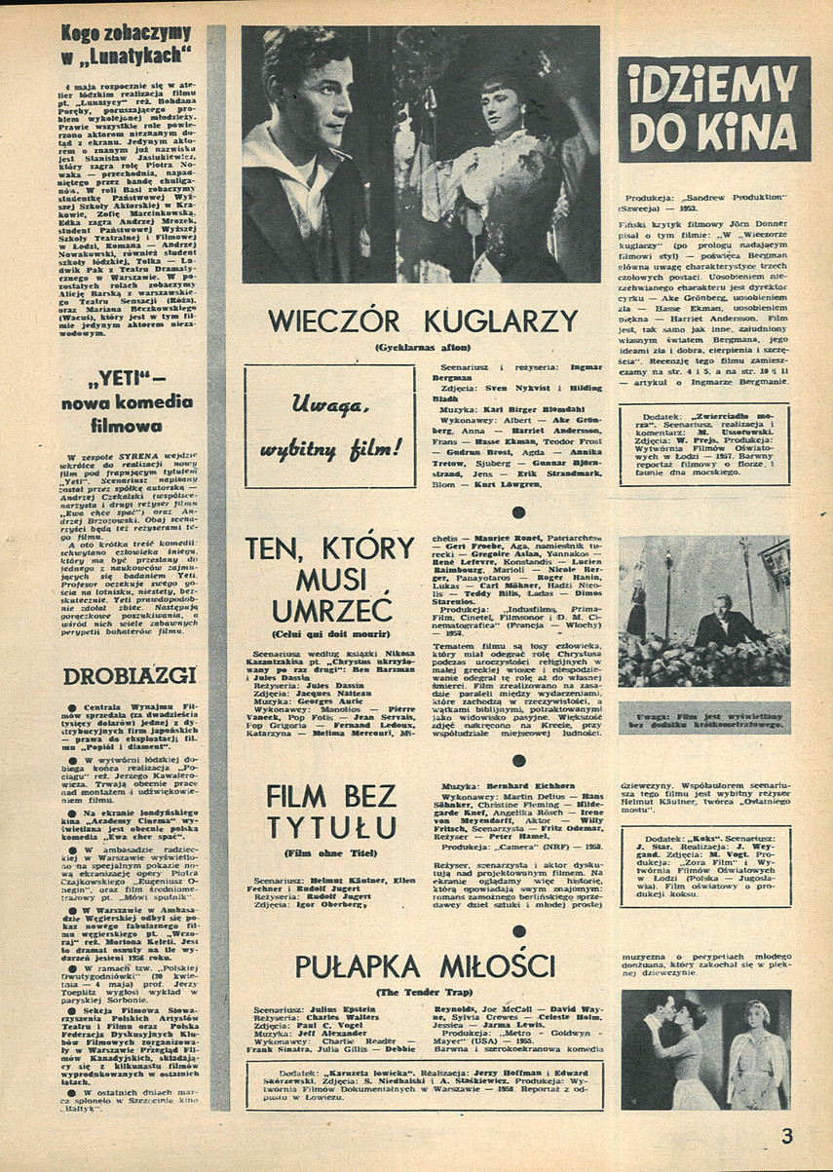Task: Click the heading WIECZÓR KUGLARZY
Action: point(423,321)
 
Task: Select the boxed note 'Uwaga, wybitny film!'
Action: point(329,426)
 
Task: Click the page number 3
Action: point(787,1134)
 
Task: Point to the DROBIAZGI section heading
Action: point(129,675)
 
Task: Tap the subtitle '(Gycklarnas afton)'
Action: point(423,347)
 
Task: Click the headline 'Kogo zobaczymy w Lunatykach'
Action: point(127,44)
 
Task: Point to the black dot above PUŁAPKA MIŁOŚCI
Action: point(519,931)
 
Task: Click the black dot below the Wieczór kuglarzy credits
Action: point(519,511)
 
